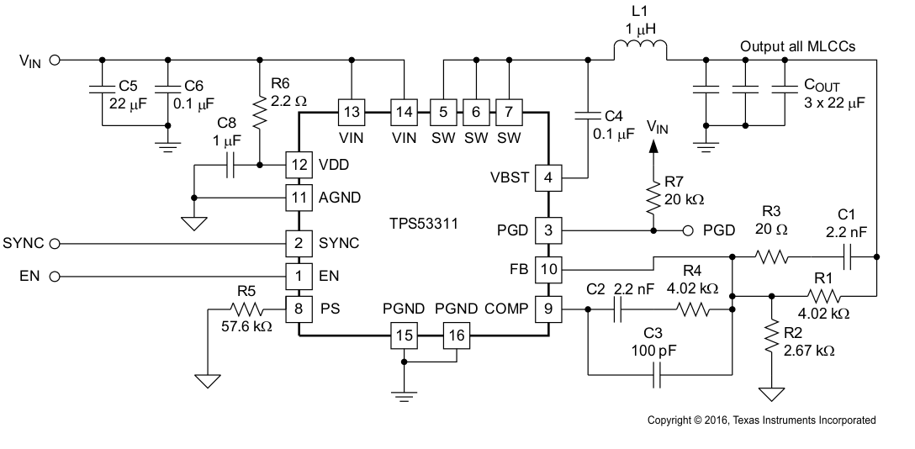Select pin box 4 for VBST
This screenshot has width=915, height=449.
(x=548, y=177)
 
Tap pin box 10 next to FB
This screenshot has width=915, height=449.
(x=548, y=269)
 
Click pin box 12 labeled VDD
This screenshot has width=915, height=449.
(x=297, y=164)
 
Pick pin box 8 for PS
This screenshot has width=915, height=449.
(x=297, y=309)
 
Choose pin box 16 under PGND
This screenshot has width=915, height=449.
(x=455, y=336)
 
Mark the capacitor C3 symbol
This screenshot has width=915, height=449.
(x=657, y=376)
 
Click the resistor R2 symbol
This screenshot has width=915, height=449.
(x=771, y=337)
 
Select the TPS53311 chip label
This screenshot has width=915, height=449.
(x=423, y=225)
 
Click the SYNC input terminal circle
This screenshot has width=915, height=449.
(x=56, y=244)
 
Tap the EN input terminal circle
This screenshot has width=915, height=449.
(x=56, y=276)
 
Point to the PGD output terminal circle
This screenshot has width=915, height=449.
(x=687, y=230)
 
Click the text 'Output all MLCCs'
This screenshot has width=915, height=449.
(x=797, y=46)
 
